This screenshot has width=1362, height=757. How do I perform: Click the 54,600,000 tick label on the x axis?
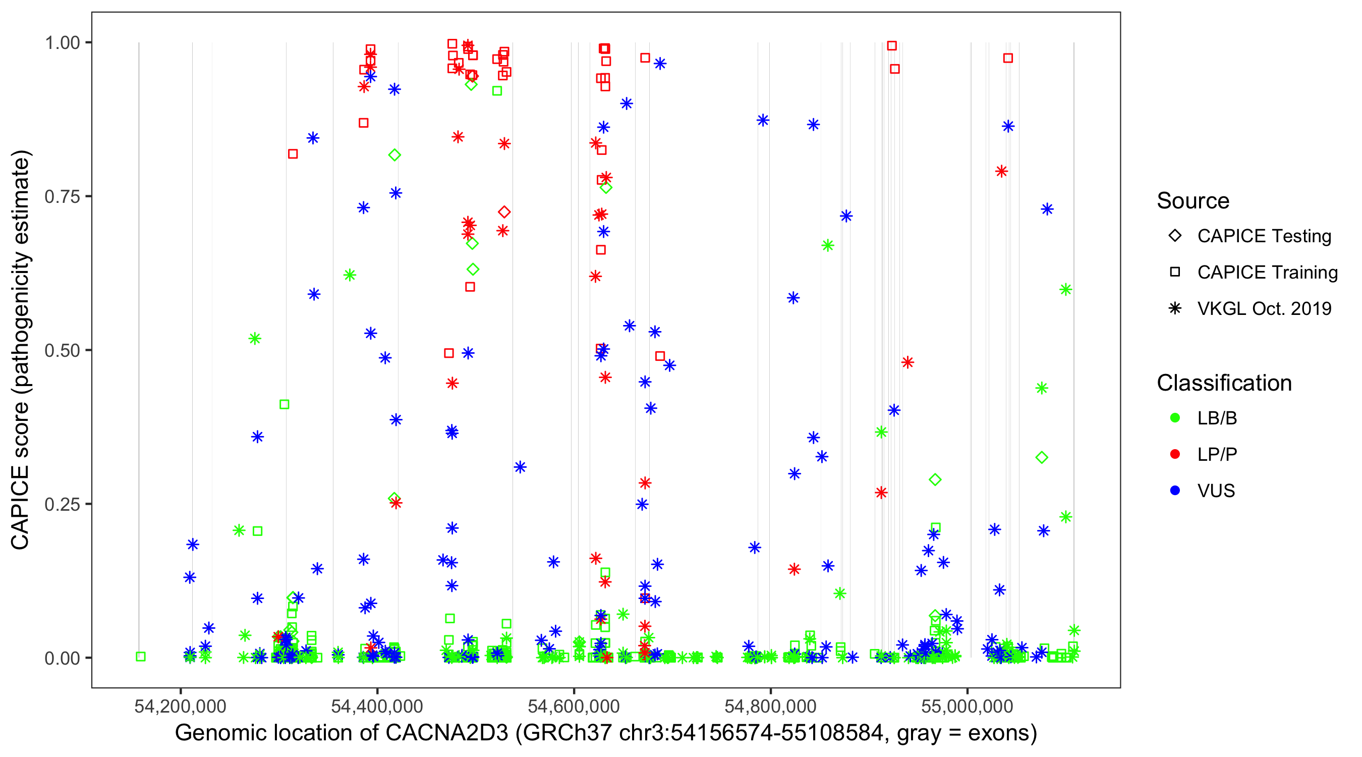click(574, 706)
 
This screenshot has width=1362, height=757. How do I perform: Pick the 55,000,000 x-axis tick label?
click(967, 706)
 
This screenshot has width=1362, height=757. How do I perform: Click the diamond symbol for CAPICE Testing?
click(1175, 235)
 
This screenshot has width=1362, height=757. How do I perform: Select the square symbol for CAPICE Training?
click(1175, 272)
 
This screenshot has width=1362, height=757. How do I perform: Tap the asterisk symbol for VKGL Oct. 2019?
click(1175, 308)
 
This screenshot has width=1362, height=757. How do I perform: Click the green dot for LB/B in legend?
click(1175, 418)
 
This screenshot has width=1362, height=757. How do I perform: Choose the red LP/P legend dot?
click(1175, 454)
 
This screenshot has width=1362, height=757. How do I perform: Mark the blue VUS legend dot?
click(1175, 491)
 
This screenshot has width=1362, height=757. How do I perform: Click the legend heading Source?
click(1193, 201)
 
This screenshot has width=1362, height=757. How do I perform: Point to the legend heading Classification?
click(1224, 383)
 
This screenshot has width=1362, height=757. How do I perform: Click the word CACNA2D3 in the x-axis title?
click(447, 733)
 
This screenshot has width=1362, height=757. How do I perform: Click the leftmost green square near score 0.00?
click(141, 657)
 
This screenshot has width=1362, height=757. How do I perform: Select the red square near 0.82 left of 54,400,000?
click(293, 154)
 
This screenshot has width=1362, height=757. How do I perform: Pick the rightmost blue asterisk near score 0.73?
click(1047, 209)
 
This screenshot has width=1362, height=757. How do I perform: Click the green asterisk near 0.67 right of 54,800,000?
click(828, 245)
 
